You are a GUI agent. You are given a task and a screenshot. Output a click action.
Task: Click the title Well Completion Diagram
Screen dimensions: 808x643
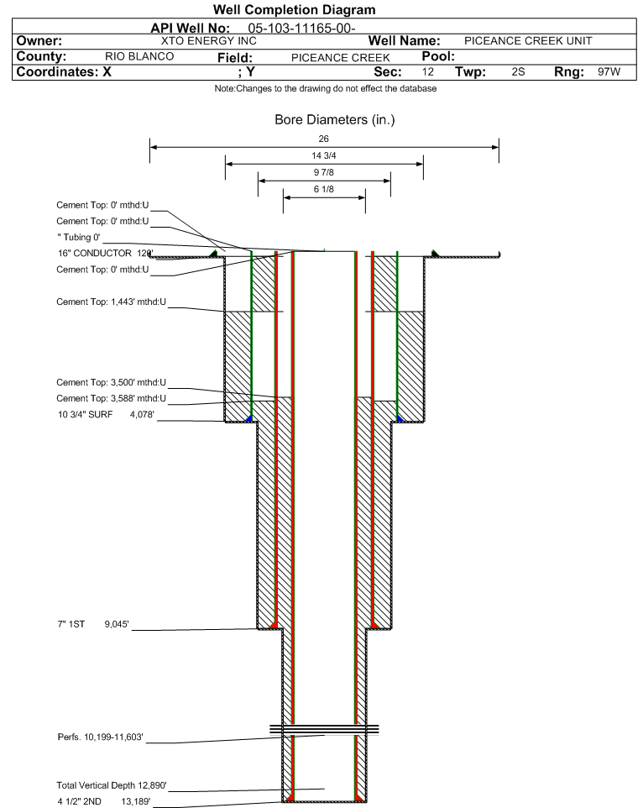pos(321,9)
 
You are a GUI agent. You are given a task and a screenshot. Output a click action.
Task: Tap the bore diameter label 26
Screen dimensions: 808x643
pos(324,139)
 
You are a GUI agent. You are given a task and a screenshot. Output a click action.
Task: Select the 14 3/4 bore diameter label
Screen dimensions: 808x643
pos(324,155)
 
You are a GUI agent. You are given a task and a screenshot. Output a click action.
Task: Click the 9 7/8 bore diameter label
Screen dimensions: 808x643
pos(324,172)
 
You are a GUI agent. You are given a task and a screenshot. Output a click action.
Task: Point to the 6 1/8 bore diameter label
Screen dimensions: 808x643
pos(324,190)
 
